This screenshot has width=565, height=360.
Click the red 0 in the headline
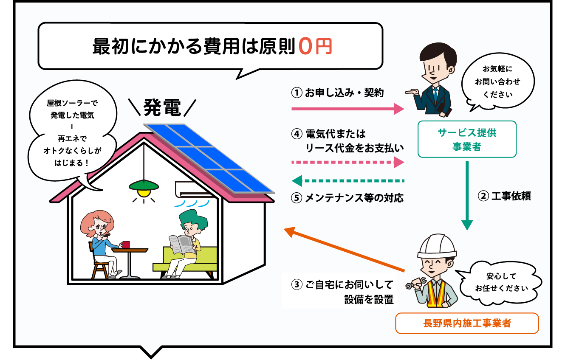(x=305, y=46)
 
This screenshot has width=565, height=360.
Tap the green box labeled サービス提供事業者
(x=467, y=139)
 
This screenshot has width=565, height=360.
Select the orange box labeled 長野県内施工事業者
(x=467, y=323)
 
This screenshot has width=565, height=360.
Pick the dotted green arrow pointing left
(x=348, y=181)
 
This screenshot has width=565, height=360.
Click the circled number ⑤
(x=297, y=198)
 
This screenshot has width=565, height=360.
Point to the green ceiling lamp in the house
(x=144, y=186)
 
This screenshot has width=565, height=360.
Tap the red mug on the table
(x=125, y=245)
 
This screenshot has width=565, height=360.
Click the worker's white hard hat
(x=436, y=247)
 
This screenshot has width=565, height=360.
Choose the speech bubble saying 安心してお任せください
(x=501, y=282)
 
